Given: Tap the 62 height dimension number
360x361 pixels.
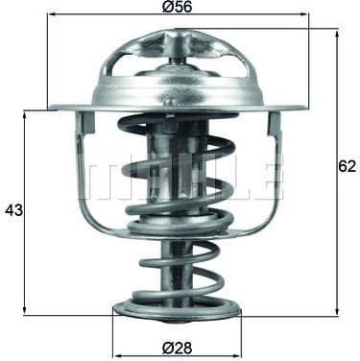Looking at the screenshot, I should pyautogui.click(x=347, y=165).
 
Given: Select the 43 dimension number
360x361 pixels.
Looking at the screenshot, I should pyautogui.click(x=13, y=209).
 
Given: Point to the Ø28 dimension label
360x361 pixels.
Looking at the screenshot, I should pyautogui.click(x=177, y=348).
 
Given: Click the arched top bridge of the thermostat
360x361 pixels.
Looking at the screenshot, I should pyautogui.click(x=177, y=43).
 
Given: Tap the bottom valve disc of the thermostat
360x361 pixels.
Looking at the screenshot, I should pyautogui.click(x=177, y=307).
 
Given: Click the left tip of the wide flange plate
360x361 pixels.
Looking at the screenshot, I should pyautogui.click(x=52, y=106).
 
